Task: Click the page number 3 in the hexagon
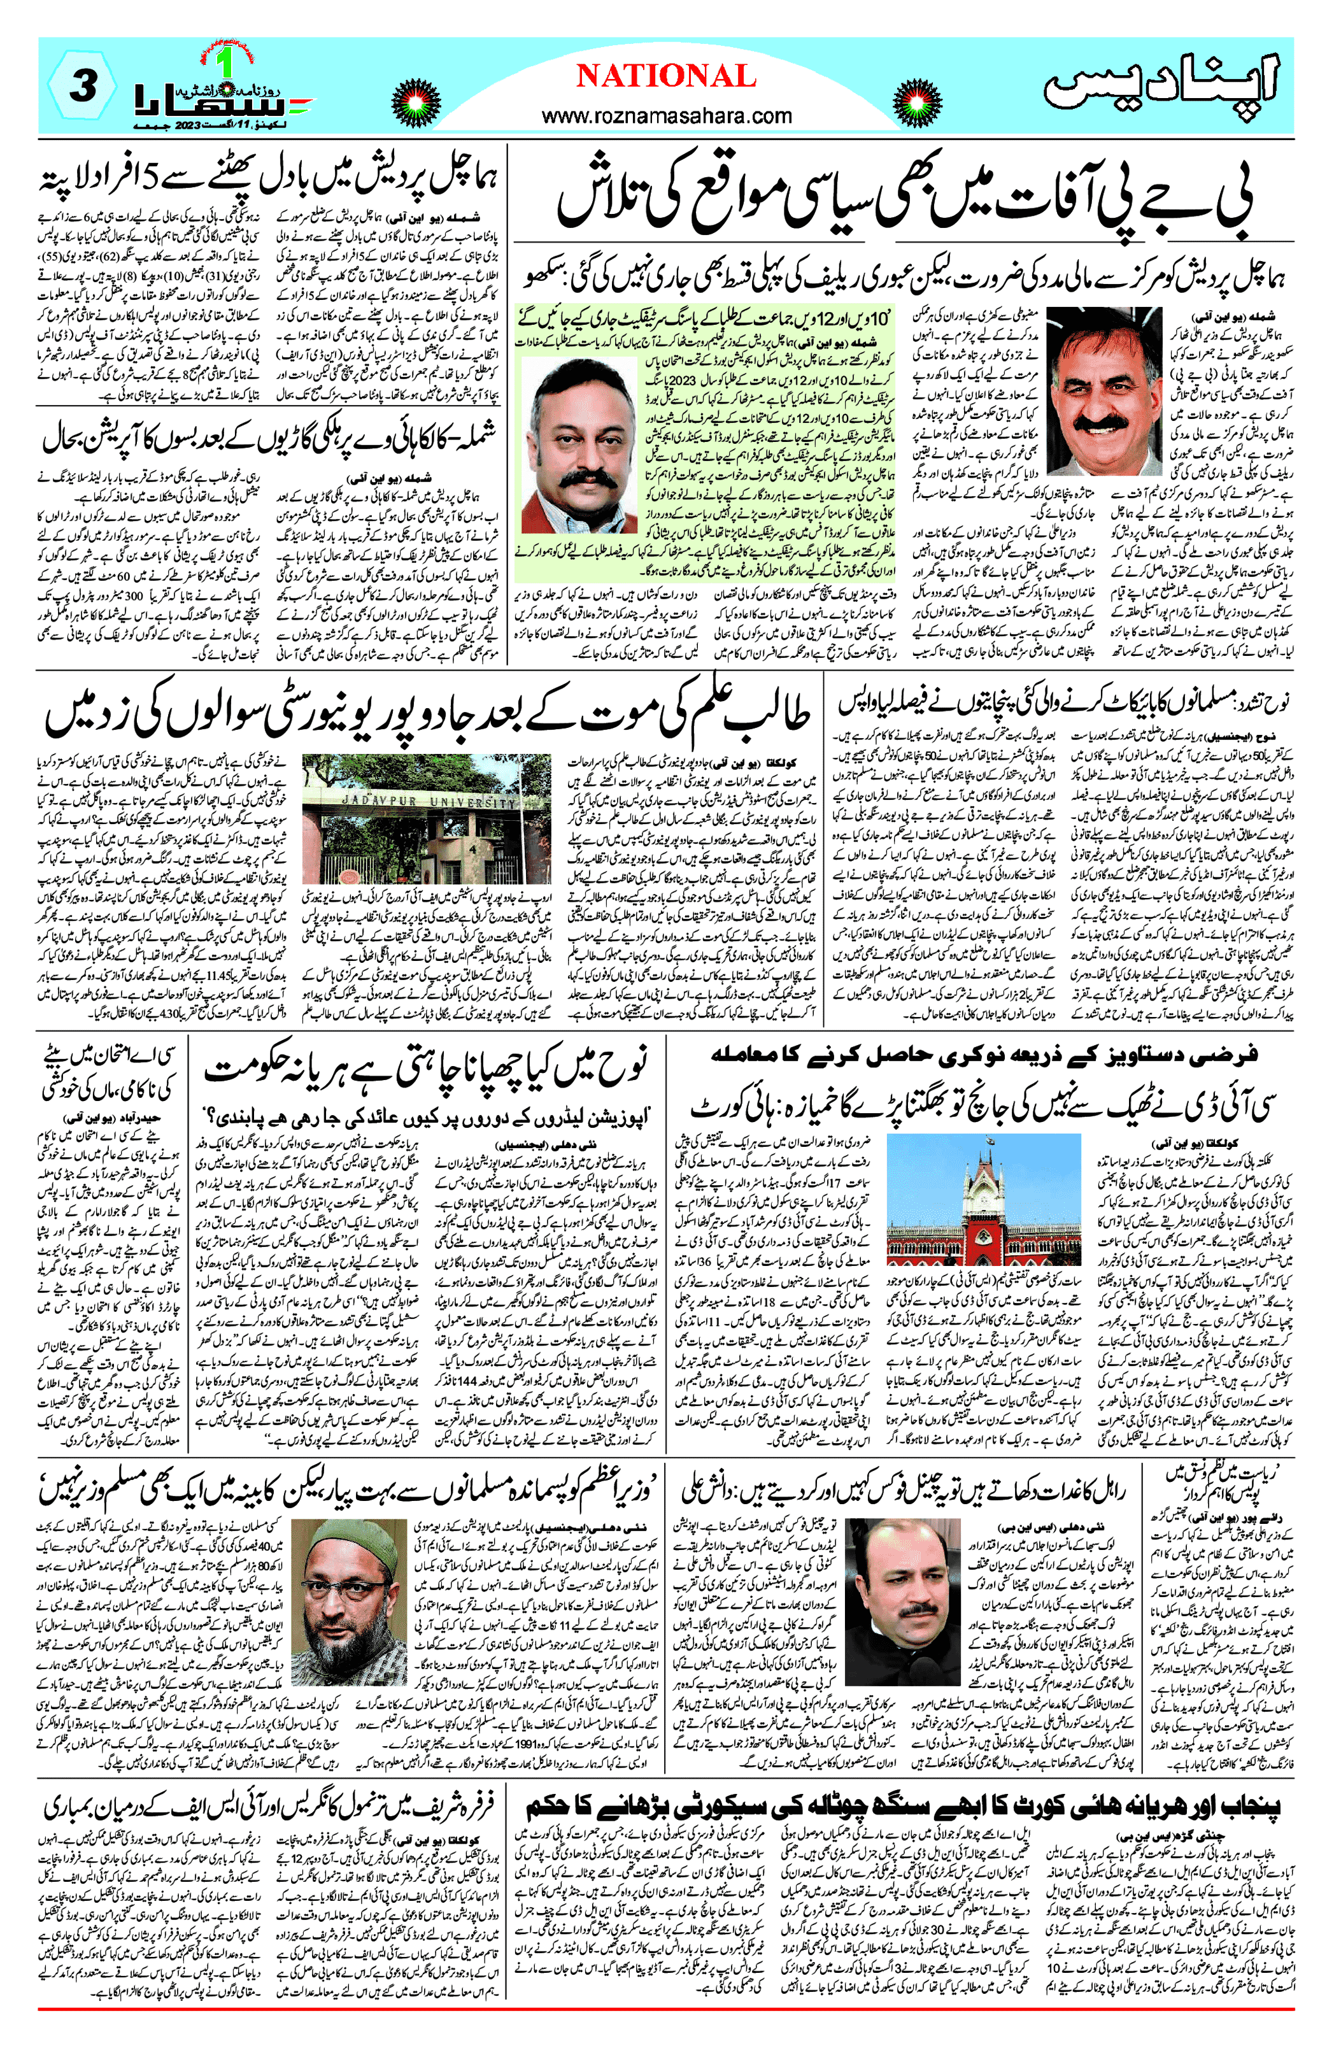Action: coord(82,86)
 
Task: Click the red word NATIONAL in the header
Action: coord(665,76)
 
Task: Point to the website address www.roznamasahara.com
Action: coord(666,115)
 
